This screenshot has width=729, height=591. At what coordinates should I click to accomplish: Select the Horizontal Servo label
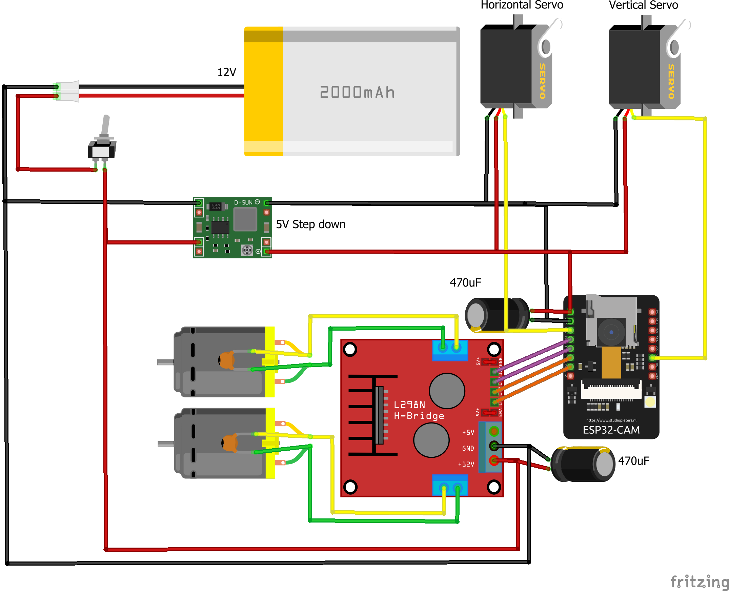(x=521, y=5)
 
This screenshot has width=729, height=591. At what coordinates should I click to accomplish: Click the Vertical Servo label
(x=643, y=5)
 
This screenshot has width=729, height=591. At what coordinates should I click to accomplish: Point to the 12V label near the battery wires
(x=226, y=72)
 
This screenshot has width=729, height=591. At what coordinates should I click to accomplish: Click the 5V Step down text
(x=310, y=224)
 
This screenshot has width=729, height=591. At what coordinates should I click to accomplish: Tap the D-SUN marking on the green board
(x=243, y=202)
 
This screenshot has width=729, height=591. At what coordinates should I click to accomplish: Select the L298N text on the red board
(x=409, y=405)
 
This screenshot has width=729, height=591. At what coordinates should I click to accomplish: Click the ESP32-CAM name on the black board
(x=611, y=430)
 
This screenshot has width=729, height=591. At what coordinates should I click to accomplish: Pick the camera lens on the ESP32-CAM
(x=611, y=332)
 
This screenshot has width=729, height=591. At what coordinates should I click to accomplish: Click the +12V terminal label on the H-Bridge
(x=466, y=464)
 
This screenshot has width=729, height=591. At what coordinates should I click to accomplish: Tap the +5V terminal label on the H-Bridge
(x=468, y=432)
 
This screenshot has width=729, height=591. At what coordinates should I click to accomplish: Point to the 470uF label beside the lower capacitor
(x=633, y=460)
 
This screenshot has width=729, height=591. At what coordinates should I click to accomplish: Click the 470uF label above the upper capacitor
(x=465, y=282)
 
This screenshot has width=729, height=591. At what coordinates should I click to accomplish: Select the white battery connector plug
(x=68, y=91)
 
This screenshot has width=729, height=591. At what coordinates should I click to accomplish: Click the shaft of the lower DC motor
(x=166, y=443)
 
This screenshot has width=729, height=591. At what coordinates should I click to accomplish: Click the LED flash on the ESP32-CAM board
(x=650, y=402)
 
